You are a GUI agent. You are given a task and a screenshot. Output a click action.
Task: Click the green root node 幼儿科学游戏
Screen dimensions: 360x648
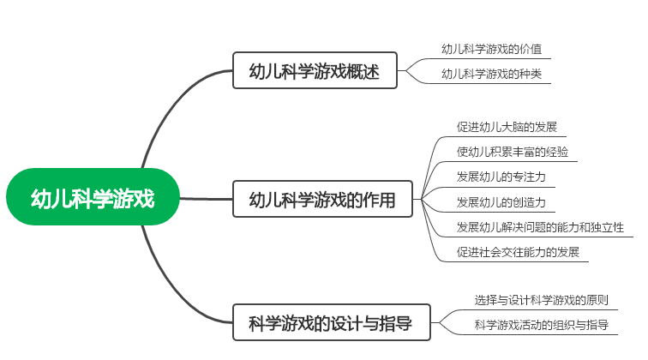click(x=93, y=199)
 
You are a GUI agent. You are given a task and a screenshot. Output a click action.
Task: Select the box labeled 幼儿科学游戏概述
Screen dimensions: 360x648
click(x=316, y=70)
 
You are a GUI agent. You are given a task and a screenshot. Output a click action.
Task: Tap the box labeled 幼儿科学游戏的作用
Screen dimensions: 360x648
click(x=322, y=200)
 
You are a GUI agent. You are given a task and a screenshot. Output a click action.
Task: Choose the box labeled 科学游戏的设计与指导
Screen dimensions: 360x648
click(x=330, y=323)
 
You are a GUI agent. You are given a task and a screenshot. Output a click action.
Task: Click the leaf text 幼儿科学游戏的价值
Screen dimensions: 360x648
click(x=492, y=49)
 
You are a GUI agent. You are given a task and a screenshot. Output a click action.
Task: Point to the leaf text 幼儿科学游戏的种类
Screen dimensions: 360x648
click(x=492, y=74)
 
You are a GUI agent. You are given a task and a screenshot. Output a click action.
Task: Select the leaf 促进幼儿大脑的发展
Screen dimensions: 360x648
click(x=507, y=127)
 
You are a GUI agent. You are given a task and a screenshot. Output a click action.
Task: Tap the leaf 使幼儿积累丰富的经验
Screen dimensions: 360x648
click(x=512, y=153)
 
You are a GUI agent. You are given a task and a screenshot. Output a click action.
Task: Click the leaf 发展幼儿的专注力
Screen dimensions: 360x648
click(x=501, y=177)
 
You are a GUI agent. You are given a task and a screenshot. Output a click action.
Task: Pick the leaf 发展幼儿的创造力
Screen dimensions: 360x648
click(x=501, y=202)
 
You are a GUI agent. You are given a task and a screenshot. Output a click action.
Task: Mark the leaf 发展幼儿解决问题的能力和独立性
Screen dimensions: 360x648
click(x=540, y=227)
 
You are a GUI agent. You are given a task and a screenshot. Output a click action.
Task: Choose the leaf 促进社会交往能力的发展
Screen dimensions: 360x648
click(x=518, y=252)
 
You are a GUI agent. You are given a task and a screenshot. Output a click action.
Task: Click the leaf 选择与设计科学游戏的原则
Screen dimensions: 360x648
click(x=542, y=300)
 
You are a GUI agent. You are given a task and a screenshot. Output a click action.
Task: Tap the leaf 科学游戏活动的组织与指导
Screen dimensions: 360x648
click(x=542, y=325)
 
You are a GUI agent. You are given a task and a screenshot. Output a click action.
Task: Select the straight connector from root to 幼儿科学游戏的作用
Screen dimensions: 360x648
click(x=206, y=199)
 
